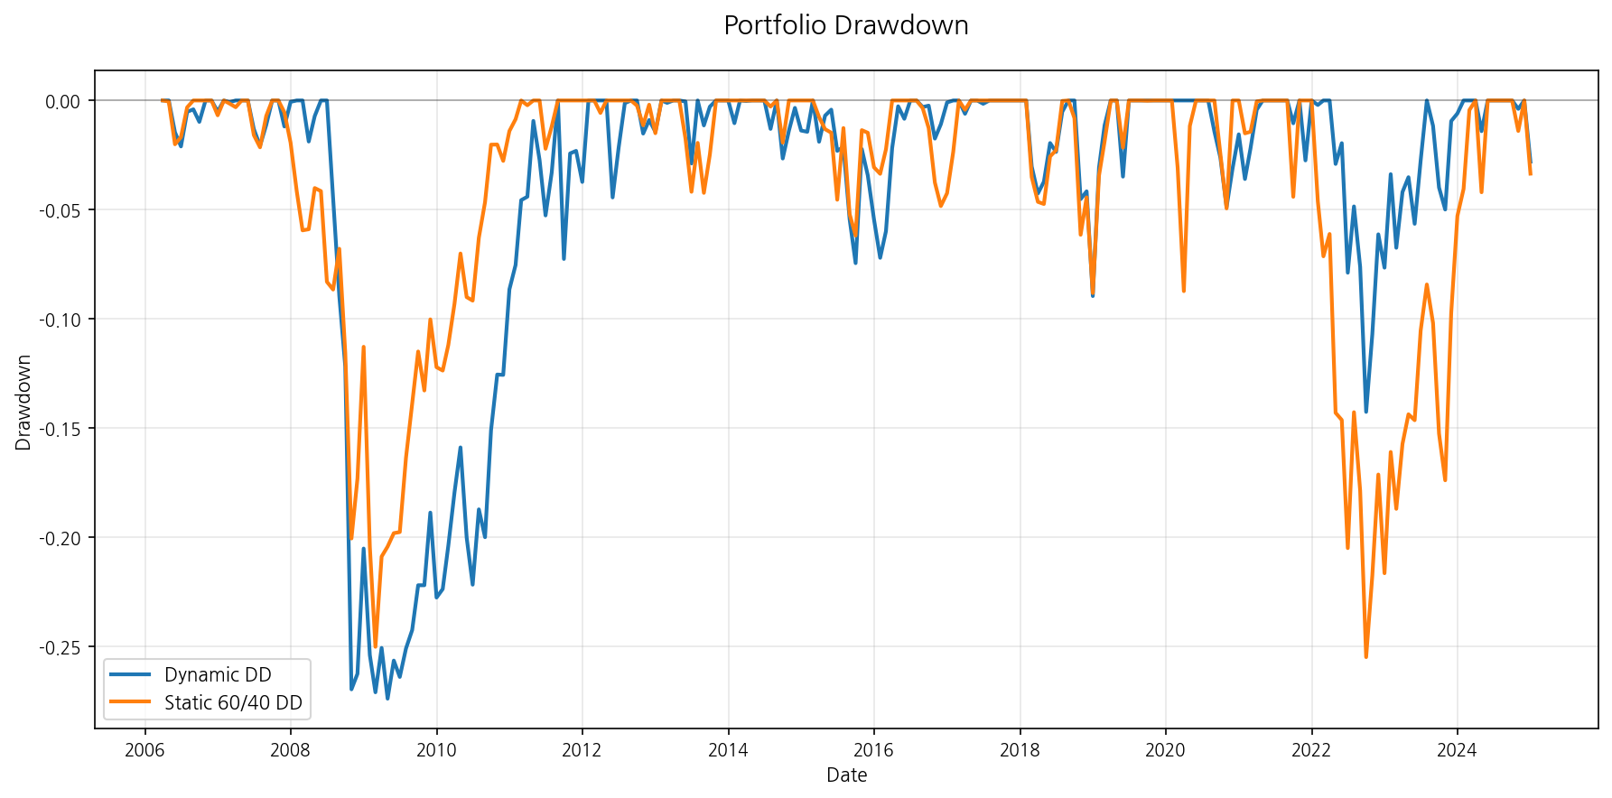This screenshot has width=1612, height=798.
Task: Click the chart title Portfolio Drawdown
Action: click(846, 25)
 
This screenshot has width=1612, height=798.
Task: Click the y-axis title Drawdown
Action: click(23, 403)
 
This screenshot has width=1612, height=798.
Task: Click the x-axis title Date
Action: click(846, 775)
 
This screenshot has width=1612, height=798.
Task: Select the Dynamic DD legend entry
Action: click(218, 675)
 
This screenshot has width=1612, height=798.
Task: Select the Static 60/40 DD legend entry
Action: click(233, 703)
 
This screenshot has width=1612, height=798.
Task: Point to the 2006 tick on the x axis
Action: click(144, 750)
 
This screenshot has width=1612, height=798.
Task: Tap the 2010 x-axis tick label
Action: click(436, 750)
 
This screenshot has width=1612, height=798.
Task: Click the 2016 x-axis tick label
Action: click(873, 750)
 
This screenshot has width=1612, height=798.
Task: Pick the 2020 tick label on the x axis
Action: click(1165, 750)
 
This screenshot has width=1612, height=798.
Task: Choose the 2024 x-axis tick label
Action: click(1457, 750)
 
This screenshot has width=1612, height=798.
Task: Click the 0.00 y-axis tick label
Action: click(62, 101)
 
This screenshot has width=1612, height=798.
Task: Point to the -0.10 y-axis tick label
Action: click(60, 320)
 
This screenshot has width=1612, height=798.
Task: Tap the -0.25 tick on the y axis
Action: click(60, 647)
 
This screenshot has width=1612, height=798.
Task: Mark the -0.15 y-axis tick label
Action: click(60, 429)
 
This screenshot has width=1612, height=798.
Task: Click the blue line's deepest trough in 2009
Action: click(387, 699)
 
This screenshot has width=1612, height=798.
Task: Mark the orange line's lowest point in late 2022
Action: click(1365, 657)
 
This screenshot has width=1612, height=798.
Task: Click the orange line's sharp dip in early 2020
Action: click(1183, 291)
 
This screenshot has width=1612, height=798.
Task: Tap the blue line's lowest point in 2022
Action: click(1365, 413)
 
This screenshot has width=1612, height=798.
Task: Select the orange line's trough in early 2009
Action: click(376, 646)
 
